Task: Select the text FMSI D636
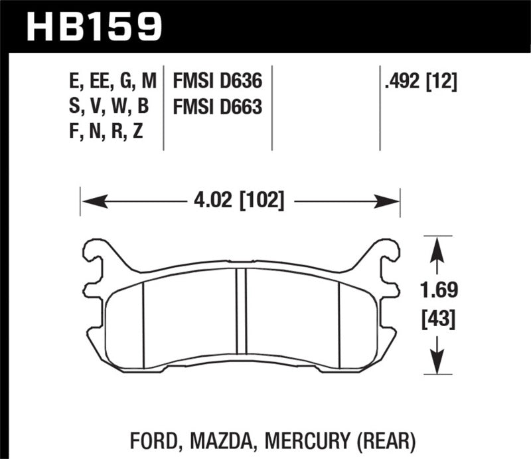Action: [x=217, y=82]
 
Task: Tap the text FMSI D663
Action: [x=217, y=107]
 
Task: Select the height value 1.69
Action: [x=435, y=291]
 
